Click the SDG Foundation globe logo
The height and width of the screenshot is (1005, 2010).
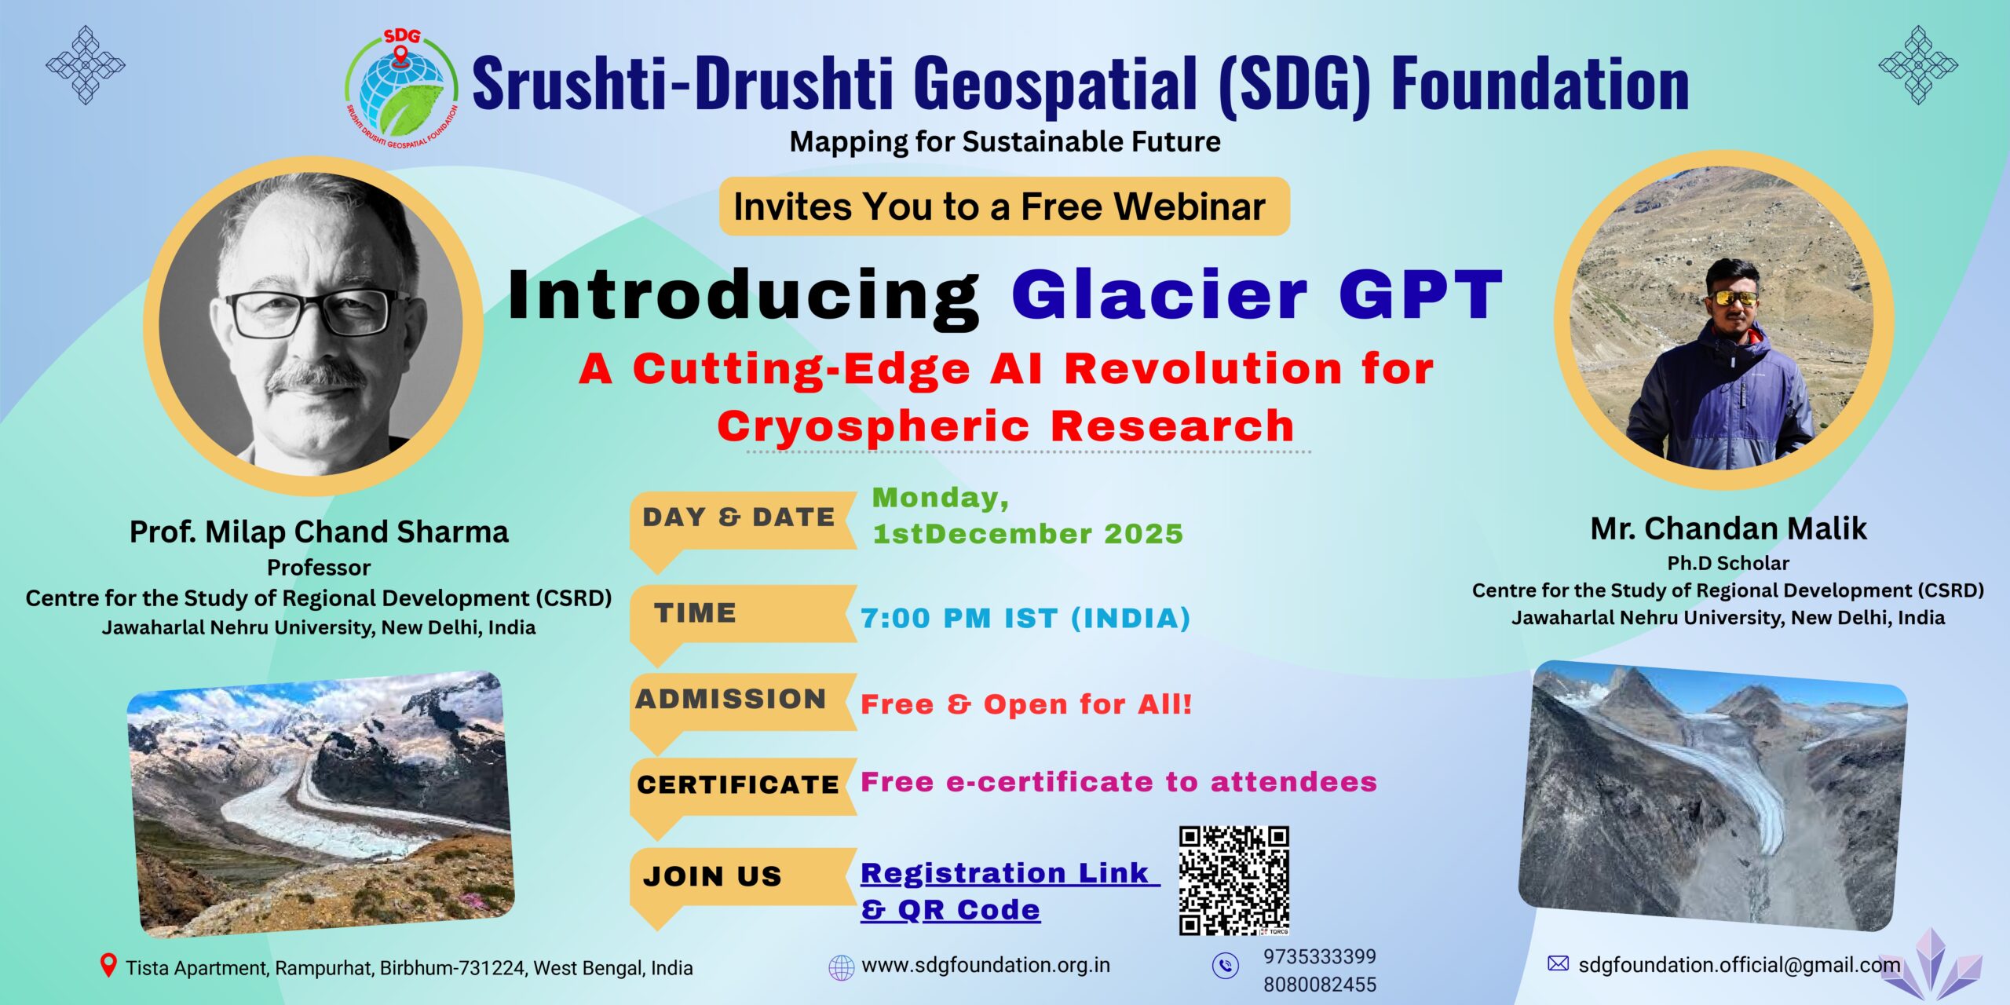[x=402, y=89]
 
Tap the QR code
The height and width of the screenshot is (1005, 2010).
[x=1234, y=880]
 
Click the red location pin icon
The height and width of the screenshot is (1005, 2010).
[x=108, y=966]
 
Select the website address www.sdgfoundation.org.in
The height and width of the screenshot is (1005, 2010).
[x=985, y=965]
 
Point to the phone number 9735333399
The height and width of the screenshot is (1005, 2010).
[x=1319, y=956]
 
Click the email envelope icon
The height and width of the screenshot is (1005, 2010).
[x=1558, y=963]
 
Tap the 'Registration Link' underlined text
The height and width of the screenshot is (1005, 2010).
[x=1010, y=872]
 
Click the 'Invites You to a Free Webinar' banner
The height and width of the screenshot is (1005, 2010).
[x=1004, y=206]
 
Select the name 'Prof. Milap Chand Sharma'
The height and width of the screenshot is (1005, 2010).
[x=319, y=532]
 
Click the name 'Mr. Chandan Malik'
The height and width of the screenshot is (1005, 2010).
[x=1728, y=528]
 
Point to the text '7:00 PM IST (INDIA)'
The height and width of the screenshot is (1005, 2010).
[x=1025, y=618]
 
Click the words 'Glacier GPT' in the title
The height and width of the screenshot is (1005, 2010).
[x=1257, y=294]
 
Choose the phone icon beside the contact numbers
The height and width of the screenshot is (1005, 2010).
[x=1225, y=966]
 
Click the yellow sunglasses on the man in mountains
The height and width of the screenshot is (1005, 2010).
[x=1733, y=298]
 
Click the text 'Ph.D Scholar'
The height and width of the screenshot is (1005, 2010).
[x=1728, y=563]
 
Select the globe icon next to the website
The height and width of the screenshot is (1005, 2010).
[x=842, y=967]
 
